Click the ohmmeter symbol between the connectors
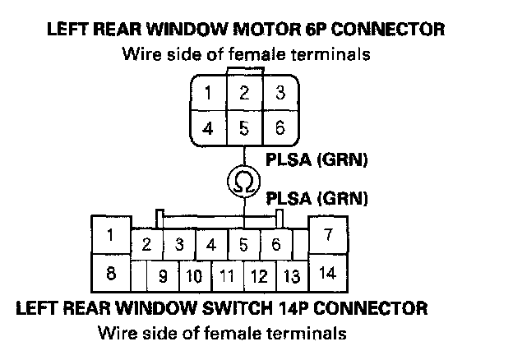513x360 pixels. pos(244,180)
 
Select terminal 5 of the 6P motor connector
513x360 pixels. pos(244,129)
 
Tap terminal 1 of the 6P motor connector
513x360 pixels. pos(208,93)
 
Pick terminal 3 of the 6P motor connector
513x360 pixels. pos(280,93)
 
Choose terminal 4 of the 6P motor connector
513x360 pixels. pos(208,129)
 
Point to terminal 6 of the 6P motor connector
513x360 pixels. pos(280,129)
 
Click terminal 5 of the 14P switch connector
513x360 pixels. pos(244,244)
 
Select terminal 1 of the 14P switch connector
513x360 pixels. pos(110,234)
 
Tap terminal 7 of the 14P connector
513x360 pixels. pos(327,234)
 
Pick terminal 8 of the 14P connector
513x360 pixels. pos(110,274)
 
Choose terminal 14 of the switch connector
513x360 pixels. pos(327,274)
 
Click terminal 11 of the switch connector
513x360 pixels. pos(227,276)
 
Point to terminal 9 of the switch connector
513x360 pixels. pos(164,276)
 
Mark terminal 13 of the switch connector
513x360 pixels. pos(290,276)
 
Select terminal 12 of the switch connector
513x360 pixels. pos(259,276)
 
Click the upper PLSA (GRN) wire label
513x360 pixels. pos(317,159)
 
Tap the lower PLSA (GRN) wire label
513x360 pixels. pos(317,198)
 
